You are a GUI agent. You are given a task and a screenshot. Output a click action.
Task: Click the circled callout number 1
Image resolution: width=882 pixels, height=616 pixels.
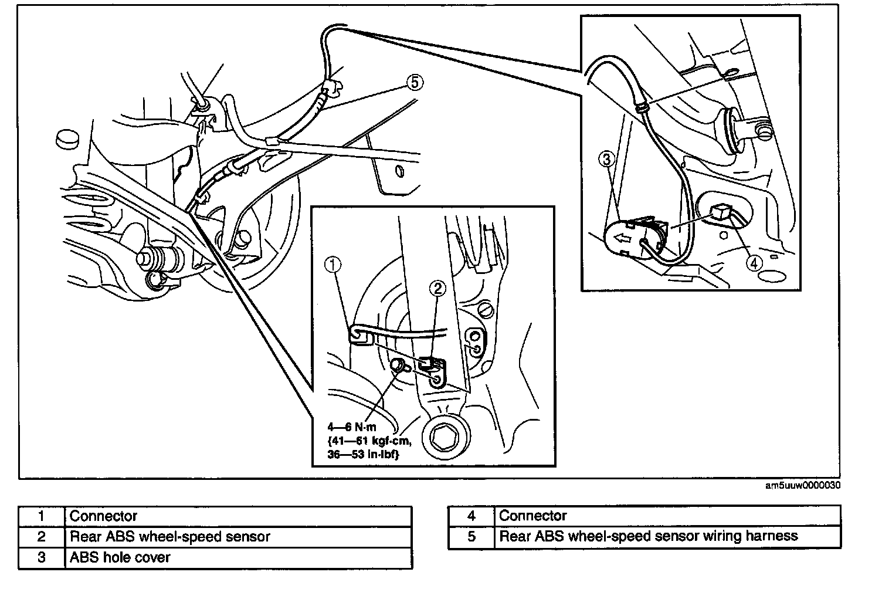coord(333,266)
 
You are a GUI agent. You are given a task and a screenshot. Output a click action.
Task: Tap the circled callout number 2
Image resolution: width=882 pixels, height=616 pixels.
coord(437,287)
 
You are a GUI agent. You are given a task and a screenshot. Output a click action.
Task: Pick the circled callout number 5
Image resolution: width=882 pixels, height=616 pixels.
coord(414,83)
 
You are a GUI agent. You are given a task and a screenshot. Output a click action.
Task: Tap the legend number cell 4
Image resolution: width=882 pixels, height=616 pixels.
coord(471,516)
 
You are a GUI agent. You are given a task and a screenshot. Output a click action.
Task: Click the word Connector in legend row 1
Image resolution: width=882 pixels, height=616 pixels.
coord(103,516)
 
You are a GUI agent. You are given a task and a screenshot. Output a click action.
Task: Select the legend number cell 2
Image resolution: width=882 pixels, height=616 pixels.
coord(41,536)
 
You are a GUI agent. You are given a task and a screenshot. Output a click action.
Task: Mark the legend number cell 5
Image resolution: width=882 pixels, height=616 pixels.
coord(471,536)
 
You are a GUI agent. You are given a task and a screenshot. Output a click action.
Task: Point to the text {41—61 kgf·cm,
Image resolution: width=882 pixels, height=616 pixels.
coord(366,441)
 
